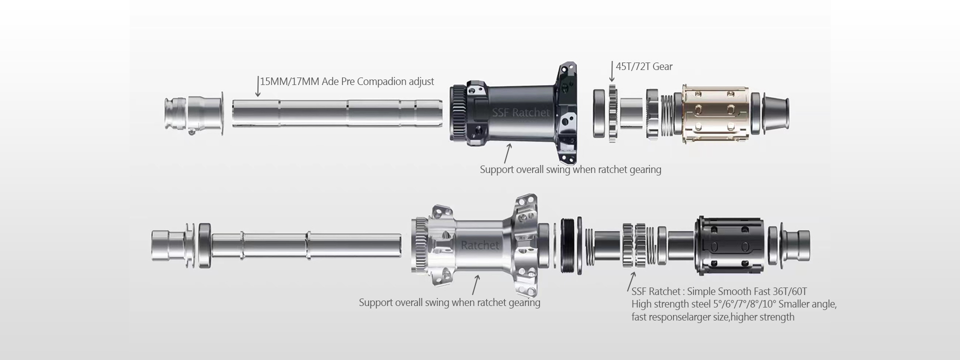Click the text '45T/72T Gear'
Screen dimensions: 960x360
coord(644,66)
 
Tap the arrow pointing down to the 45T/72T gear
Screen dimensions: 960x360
coord(612,71)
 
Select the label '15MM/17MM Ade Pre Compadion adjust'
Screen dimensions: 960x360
coord(347,81)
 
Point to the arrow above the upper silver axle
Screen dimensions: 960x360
coord(257,86)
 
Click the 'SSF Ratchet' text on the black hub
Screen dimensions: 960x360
coord(520,113)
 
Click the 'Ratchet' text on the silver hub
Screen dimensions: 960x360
coord(480,245)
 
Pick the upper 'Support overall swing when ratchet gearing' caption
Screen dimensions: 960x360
coord(570,169)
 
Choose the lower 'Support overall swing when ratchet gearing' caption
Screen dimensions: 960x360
coord(449,302)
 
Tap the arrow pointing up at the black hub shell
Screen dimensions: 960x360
coord(507,153)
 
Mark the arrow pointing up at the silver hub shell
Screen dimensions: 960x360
coord(476,284)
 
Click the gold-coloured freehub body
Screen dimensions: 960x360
coord(716,113)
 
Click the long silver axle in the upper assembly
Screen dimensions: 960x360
coord(337,113)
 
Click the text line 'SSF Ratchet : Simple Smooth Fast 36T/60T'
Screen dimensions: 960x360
coord(719,291)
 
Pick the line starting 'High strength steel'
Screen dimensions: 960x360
coord(734,304)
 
